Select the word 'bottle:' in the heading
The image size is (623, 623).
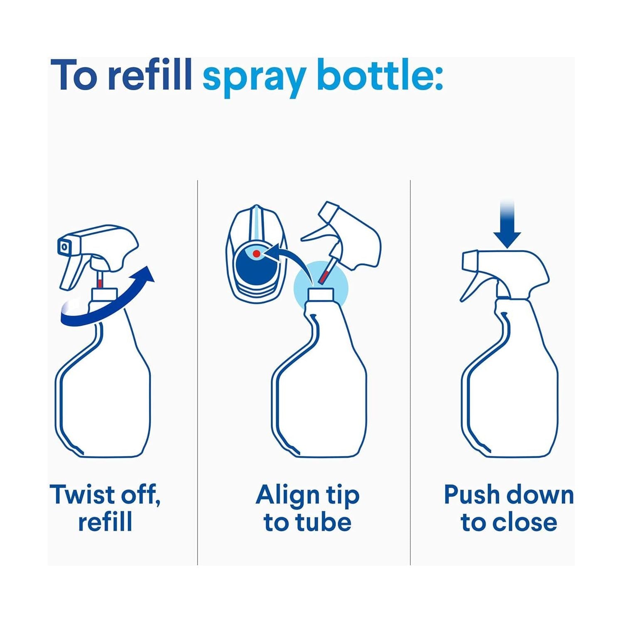coord(380,75)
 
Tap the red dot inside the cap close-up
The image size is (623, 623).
coord(257,253)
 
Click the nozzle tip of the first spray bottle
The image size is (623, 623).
coord(64,247)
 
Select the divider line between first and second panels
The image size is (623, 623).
coord(197,373)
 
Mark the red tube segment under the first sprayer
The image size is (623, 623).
coord(100,283)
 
